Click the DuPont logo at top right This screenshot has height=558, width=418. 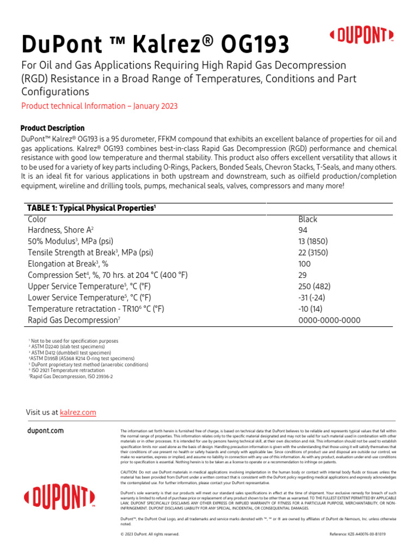pyautogui.click(x=362, y=37)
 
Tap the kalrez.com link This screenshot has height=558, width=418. pyautogui.click(x=78, y=413)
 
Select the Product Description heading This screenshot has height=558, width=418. pyautogui.click(x=52, y=128)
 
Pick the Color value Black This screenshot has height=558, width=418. pyautogui.click(x=308, y=219)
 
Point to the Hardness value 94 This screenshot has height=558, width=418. pyautogui.click(x=303, y=231)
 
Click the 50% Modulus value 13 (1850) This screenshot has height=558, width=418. pyautogui.click(x=313, y=241)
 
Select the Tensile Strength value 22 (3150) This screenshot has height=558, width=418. pyautogui.click(x=313, y=253)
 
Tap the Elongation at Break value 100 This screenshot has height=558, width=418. pyautogui.click(x=305, y=264)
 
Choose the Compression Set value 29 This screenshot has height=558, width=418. pyautogui.click(x=303, y=275)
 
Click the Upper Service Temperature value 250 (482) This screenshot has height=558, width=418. pyautogui.click(x=314, y=287)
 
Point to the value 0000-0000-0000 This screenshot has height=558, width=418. pyautogui.click(x=329, y=320)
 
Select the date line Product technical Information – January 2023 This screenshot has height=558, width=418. pyautogui.click(x=99, y=106)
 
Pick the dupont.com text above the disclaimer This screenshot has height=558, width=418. pyautogui.click(x=45, y=430)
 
